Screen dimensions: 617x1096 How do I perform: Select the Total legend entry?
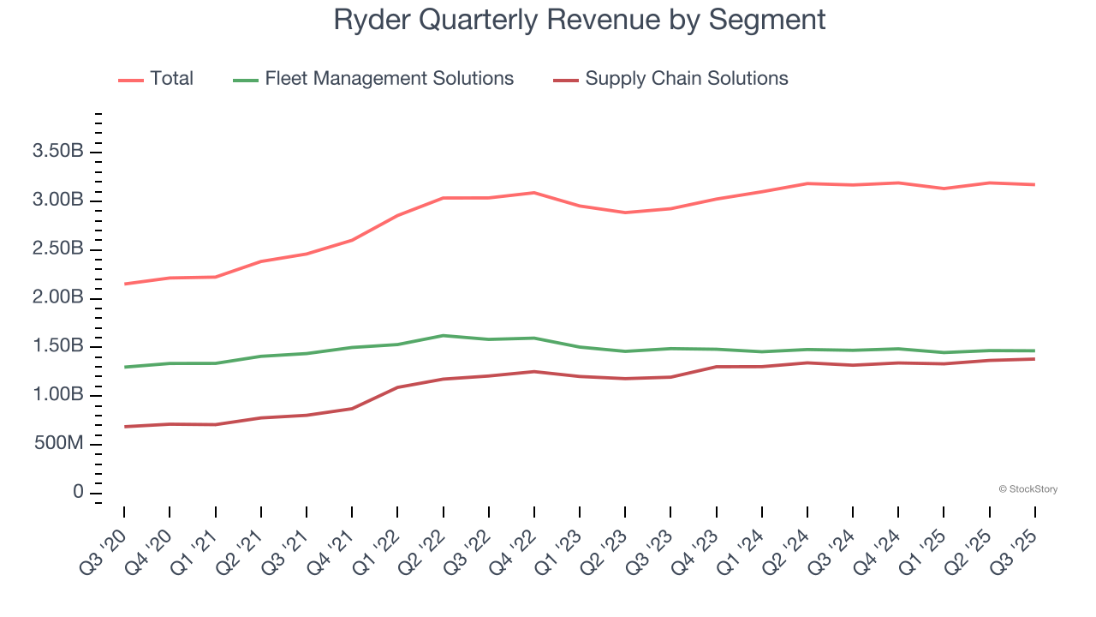click(171, 79)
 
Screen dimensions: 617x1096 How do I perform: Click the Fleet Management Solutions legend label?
click(389, 79)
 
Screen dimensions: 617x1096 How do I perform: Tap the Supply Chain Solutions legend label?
click(686, 79)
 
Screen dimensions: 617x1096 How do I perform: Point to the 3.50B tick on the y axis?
click(57, 152)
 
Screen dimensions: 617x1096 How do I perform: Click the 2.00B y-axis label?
click(57, 297)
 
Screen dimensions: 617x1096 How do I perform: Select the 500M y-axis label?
click(57, 444)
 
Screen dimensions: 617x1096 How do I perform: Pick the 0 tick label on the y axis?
click(78, 493)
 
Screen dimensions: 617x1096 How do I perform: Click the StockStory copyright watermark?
click(1027, 489)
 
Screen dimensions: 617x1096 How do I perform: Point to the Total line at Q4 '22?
click(534, 193)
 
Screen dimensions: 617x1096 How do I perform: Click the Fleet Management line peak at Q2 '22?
click(444, 335)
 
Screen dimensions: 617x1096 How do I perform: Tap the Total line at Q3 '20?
click(125, 284)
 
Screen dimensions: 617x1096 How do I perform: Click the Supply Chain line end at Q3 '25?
click(1034, 359)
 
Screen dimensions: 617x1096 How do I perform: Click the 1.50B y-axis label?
click(57, 346)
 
